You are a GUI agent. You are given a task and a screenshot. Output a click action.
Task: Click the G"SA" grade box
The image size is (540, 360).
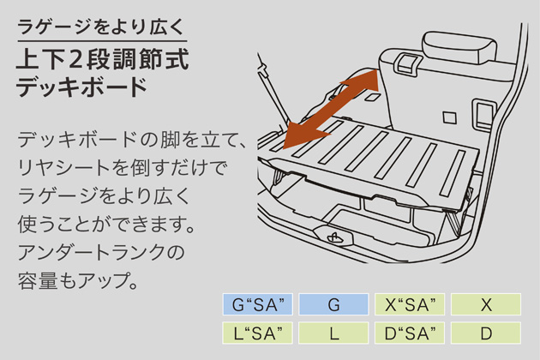(258, 304)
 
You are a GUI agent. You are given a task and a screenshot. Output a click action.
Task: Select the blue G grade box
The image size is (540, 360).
(333, 304)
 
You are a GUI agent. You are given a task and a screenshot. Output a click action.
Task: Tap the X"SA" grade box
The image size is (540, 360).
(410, 304)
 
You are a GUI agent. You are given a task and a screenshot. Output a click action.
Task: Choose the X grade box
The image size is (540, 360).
(486, 304)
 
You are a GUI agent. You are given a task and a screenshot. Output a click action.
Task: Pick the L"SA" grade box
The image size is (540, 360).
(258, 333)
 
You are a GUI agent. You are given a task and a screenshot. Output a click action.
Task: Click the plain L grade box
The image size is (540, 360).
(333, 333)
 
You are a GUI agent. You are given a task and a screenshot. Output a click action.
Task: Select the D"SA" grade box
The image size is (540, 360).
(410, 333)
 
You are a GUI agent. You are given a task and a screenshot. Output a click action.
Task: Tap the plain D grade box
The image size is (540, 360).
(486, 333)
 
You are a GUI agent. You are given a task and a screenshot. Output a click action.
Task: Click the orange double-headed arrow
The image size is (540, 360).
(331, 109)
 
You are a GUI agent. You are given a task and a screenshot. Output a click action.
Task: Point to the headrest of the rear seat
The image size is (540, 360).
(459, 47)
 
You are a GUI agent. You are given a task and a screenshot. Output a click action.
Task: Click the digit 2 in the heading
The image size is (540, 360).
(75, 59)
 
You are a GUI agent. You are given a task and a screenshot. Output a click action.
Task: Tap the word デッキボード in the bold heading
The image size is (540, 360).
(82, 87)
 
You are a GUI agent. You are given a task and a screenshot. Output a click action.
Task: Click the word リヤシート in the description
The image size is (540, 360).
(63, 168)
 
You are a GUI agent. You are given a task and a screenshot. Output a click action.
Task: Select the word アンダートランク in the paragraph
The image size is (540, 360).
(91, 252)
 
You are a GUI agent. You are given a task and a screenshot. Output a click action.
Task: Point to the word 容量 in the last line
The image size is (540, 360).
(38, 280)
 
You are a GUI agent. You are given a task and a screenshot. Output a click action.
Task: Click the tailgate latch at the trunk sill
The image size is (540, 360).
(333, 236)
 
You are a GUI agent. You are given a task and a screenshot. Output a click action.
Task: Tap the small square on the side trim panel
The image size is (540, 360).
(449, 117)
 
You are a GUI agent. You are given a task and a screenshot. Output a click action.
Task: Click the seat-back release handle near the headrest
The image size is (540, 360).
(408, 62)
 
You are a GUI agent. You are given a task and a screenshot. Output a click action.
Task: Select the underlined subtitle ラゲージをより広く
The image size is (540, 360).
(101, 27)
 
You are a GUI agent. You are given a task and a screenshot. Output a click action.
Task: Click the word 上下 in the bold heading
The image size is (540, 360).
(39, 59)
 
